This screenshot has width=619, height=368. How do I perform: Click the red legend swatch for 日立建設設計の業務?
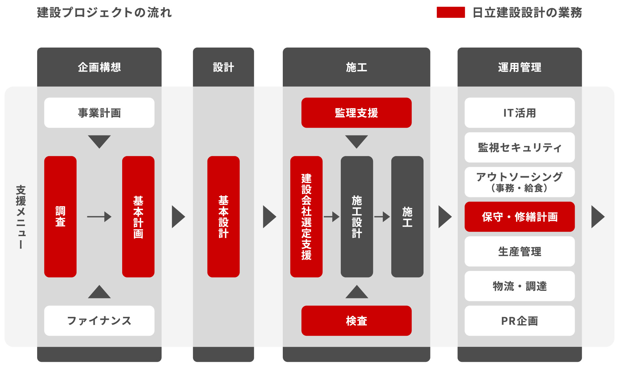point(451,12)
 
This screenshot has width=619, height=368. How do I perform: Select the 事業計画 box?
point(99,113)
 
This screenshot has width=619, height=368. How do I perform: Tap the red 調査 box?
point(60,217)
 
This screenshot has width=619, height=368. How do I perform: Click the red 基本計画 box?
point(138,217)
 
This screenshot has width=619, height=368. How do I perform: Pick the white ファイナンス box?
point(99,320)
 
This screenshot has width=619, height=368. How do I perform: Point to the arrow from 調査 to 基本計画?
point(99,217)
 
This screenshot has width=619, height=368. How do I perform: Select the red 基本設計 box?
point(223,217)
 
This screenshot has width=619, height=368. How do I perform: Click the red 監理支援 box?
point(356,113)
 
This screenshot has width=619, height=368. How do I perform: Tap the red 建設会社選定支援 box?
point(306,217)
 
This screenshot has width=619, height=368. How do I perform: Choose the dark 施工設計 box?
point(357,217)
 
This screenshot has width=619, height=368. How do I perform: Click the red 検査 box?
point(356,320)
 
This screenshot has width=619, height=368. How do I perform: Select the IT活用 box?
point(520,113)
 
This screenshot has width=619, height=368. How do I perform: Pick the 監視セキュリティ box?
point(520,147)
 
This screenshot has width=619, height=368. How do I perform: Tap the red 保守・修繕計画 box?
point(520,217)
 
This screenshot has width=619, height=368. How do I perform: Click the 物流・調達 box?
point(520,286)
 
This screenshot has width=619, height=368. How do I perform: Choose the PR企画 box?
point(520,320)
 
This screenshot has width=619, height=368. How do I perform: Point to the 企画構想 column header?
point(99,67)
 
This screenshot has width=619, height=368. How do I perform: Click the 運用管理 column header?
point(520,67)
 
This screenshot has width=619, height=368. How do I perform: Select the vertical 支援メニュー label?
point(21,217)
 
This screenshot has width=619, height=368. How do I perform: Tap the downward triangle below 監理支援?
point(356,141)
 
